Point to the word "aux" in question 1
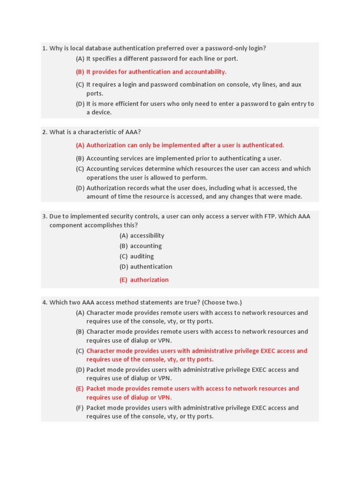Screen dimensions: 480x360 (297, 85)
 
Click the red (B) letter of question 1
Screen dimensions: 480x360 (80, 72)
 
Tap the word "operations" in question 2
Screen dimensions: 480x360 (102, 178)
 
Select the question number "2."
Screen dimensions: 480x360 (45, 132)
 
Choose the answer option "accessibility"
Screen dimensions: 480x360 (147, 236)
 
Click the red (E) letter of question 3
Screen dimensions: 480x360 (123, 280)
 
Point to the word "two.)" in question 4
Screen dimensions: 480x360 (233, 302)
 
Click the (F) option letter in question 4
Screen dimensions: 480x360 (80, 408)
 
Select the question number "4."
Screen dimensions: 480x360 (45, 302)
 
